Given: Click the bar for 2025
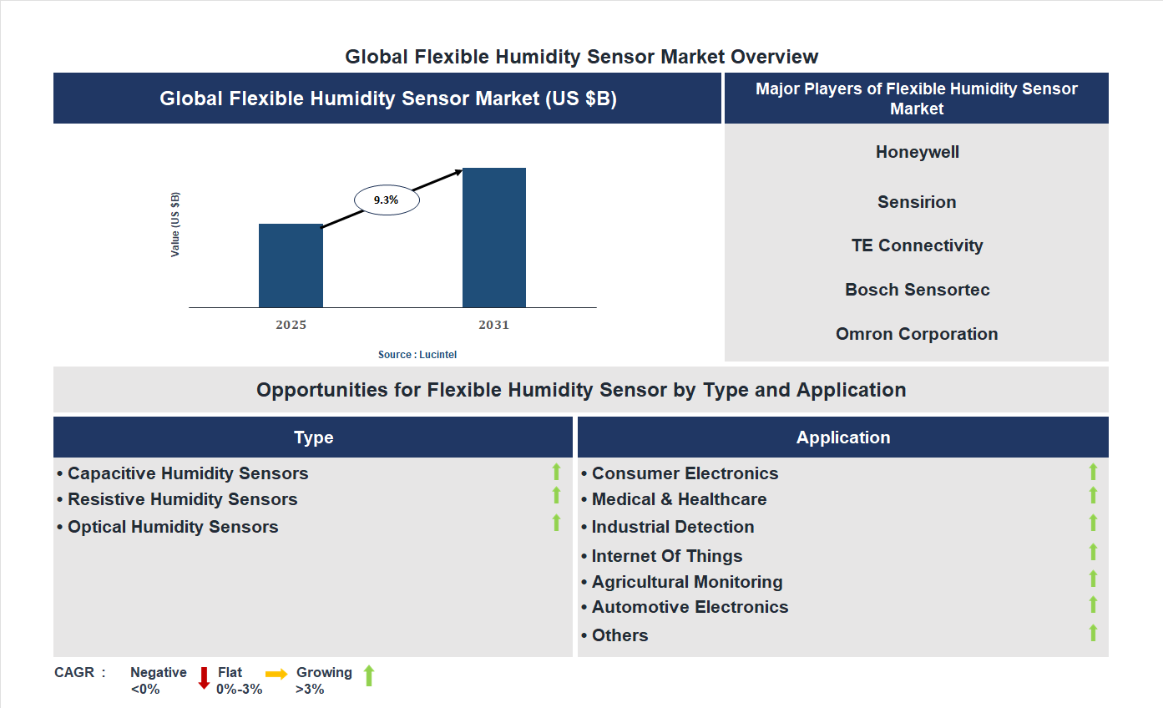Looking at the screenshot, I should click(x=291, y=265).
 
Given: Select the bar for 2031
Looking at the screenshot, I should click(x=494, y=238).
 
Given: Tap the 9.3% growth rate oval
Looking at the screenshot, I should click(x=387, y=200).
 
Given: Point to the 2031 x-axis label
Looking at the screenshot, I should click(x=493, y=325).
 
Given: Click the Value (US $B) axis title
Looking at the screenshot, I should click(x=175, y=225).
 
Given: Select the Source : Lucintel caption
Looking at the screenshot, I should click(x=417, y=355).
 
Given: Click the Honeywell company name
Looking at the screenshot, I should click(x=917, y=152).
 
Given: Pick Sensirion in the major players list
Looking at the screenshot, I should click(x=917, y=202).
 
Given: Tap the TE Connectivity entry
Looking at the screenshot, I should click(x=917, y=245).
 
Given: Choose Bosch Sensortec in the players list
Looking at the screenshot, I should click(x=917, y=290).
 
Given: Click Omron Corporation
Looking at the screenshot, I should click(x=917, y=334).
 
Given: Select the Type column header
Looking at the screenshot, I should click(x=313, y=437).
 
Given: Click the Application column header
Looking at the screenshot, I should click(x=843, y=437).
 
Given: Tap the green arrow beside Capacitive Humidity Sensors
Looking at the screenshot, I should click(x=556, y=473).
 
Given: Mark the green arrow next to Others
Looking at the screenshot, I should click(x=1093, y=633).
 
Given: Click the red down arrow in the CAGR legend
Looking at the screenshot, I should click(x=204, y=678).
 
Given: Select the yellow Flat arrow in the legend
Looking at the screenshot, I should click(x=276, y=674).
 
